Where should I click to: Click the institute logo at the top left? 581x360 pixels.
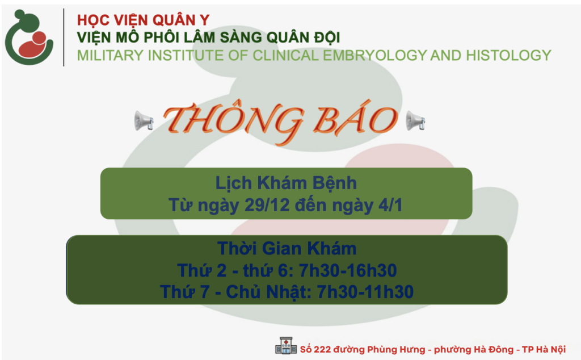click(29, 37)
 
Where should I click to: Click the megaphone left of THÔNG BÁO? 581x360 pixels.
click(144, 120)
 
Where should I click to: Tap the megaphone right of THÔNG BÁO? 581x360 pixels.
click(415, 120)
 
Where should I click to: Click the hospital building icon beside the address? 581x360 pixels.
click(286, 346)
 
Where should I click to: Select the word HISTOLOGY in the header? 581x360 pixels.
click(508, 56)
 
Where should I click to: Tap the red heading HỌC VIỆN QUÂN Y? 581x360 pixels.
click(144, 20)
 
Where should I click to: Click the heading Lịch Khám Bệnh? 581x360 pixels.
click(286, 183)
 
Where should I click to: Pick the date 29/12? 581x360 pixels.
click(263, 205)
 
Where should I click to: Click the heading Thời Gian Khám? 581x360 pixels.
click(287, 248)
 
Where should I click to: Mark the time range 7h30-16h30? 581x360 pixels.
click(348, 270)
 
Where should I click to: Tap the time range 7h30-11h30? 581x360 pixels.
click(365, 292)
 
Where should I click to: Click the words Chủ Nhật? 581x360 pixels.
click(268, 292)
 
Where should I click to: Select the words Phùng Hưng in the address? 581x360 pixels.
click(396, 350)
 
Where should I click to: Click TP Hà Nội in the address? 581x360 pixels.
click(544, 350)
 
